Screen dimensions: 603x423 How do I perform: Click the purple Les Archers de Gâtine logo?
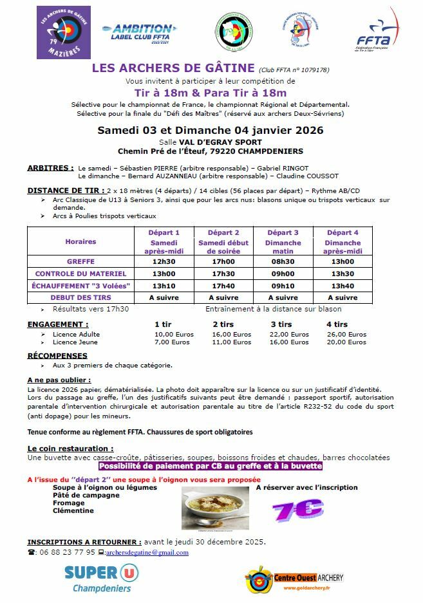pyautogui.click(x=64, y=32)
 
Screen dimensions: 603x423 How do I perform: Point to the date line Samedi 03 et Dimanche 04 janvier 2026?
pyautogui.click(x=210, y=130)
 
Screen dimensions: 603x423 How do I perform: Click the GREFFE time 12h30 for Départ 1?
pyautogui.click(x=164, y=262)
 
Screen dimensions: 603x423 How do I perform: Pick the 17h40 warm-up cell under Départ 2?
pyautogui.click(x=223, y=286)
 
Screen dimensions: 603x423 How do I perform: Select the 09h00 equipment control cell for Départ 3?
pyautogui.click(x=283, y=274)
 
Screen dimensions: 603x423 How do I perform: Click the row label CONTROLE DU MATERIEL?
pyautogui.click(x=80, y=274)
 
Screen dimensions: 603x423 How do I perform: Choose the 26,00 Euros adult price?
pyautogui.click(x=346, y=334)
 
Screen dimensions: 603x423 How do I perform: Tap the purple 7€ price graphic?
pyautogui.click(x=297, y=509)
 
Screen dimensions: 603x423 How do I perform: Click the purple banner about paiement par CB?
pyautogui.click(x=210, y=466)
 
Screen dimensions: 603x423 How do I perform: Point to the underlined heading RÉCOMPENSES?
pyautogui.click(x=57, y=356)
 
